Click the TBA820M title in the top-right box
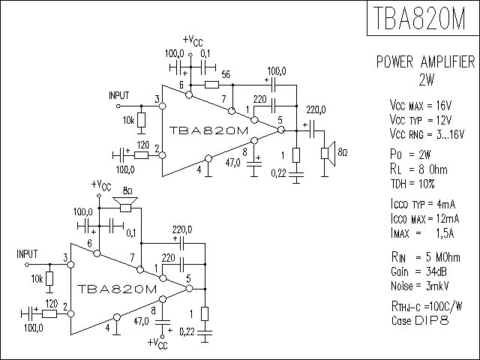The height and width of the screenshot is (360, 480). [x=419, y=18]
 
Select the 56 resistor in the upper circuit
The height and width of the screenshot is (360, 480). [x=211, y=85]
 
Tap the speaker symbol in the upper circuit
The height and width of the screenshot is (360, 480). [x=328, y=153]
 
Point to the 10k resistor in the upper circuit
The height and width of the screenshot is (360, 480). [x=141, y=120]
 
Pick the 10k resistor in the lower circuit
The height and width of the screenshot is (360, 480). [x=49, y=279]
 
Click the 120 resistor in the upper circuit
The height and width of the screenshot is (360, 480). [x=142, y=155]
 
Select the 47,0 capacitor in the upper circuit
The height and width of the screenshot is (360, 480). [x=254, y=165]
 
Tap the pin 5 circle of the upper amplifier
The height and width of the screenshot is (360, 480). [x=280, y=130]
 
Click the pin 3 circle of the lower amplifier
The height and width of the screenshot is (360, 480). [x=70, y=265]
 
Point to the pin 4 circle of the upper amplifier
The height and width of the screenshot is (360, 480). [x=208, y=158]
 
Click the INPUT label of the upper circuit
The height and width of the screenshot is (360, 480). [x=119, y=95]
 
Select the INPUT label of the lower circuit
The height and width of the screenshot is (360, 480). [x=27, y=254]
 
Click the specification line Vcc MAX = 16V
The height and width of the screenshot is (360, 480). [x=420, y=106]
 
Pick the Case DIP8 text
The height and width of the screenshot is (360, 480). [x=420, y=320]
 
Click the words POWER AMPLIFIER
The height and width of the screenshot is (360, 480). [x=425, y=61]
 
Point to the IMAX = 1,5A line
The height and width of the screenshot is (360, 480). [x=422, y=233]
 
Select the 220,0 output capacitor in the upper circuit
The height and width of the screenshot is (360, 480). [x=312, y=130]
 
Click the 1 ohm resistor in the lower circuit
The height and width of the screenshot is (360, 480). [x=205, y=313]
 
